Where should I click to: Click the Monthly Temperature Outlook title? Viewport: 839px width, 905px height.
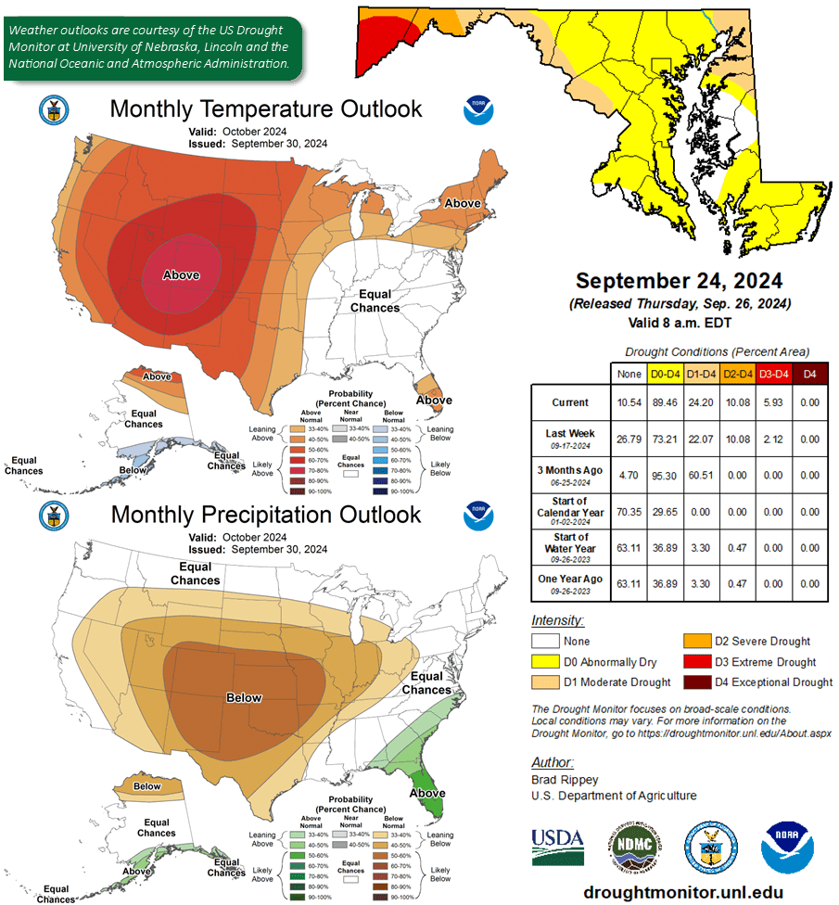(x=265, y=109)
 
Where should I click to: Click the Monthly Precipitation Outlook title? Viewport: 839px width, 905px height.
(x=265, y=515)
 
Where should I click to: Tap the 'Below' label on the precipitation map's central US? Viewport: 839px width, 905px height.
(x=244, y=698)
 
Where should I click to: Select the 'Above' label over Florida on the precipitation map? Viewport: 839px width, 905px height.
(x=427, y=793)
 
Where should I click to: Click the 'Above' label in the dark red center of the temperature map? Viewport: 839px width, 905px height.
(x=181, y=275)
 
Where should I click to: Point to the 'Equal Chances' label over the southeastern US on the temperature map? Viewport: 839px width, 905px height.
(x=375, y=301)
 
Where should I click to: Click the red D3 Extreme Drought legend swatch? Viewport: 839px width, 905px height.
(x=697, y=662)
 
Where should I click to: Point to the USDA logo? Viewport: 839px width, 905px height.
(x=558, y=846)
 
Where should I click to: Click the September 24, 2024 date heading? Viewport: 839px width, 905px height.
(x=679, y=281)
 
